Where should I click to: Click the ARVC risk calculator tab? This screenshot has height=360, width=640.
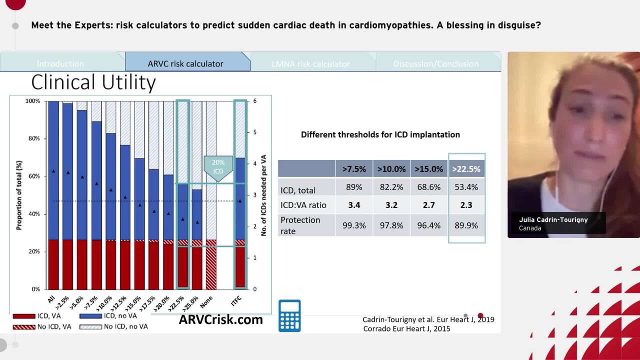tap(185, 63)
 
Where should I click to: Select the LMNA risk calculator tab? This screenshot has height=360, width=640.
tap(310, 63)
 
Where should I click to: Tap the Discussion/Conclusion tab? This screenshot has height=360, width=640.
tap(435, 63)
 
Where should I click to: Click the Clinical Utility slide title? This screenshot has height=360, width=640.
tap(93, 82)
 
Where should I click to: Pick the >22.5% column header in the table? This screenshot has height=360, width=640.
tap(466, 169)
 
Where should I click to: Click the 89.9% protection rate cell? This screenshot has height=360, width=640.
tap(466, 225)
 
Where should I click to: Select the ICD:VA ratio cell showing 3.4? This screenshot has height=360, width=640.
tap(354, 205)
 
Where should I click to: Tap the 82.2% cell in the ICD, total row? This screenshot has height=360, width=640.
tap(391, 187)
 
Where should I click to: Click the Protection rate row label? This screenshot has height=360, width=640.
tap(300, 225)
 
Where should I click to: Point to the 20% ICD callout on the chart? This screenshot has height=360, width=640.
tap(218, 167)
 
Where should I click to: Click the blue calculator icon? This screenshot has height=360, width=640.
tap(289, 316)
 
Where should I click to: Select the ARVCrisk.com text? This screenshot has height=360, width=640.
tap(220, 319)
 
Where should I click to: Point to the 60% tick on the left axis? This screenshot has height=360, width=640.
tap(33, 176)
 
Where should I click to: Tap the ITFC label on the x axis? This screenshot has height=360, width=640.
tap(236, 300)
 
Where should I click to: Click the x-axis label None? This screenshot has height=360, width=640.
tap(206, 301)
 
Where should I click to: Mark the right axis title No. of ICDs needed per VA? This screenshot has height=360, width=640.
tap(264, 195)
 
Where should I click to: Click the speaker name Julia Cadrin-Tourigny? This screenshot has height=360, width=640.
tap(553, 219)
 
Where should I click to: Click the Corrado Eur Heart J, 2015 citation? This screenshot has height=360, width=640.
tap(406, 328)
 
